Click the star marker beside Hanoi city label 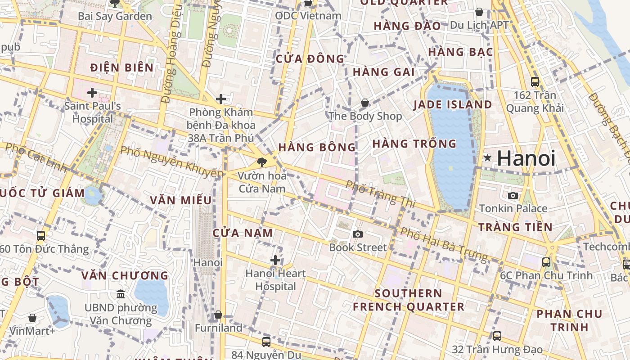pyautogui.click(x=487, y=158)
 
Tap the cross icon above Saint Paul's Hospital pyautogui.click(x=92, y=93)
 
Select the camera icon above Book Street pyautogui.click(x=358, y=234)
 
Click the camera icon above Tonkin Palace pyautogui.click(x=513, y=195)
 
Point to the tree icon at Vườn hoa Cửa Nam pyautogui.click(x=261, y=162)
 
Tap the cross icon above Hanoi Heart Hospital pyautogui.click(x=275, y=260)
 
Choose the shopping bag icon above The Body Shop pyautogui.click(x=365, y=103)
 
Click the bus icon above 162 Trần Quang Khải pyautogui.click(x=535, y=82)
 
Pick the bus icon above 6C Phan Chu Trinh pyautogui.click(x=546, y=262)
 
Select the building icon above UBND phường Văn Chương pyautogui.click(x=121, y=294)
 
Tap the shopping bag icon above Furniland pyautogui.click(x=218, y=315)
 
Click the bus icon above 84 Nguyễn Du pyautogui.click(x=266, y=342)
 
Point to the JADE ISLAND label pyautogui.click(x=453, y=104)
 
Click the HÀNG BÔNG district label pyautogui.click(x=317, y=147)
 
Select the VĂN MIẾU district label pyautogui.click(x=181, y=200)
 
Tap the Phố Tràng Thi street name pyautogui.click(x=380, y=194)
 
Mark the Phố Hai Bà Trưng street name pyautogui.click(x=444, y=244)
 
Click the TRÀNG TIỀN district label pyautogui.click(x=515, y=227)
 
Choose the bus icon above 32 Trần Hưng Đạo pyautogui.click(x=497, y=336)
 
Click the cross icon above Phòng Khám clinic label pyautogui.click(x=221, y=99)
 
